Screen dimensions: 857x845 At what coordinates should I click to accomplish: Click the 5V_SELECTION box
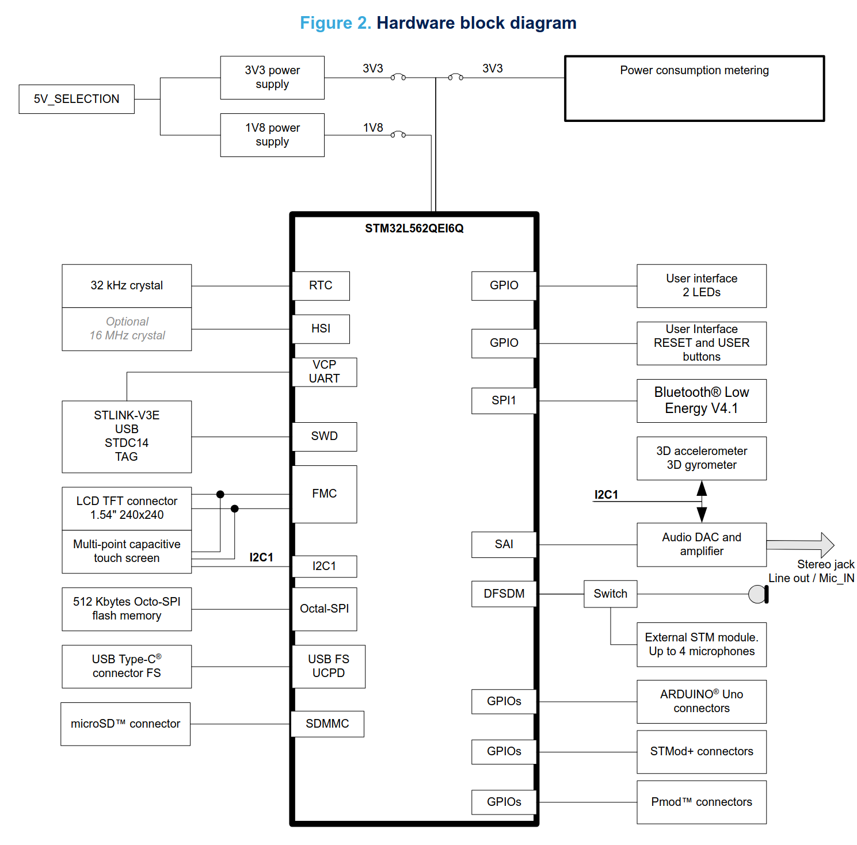77,99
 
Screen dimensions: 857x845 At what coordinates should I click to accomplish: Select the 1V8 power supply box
272,135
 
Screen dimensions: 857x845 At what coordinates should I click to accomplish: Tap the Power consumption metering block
695,88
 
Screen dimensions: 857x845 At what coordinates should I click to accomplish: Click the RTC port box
321,286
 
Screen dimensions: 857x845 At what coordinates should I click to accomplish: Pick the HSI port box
321,329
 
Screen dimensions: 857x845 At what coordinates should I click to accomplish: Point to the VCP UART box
325,372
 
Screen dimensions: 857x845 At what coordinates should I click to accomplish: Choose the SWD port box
325,437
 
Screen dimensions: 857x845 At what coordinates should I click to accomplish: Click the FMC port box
325,494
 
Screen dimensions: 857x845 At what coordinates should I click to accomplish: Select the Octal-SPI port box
325,609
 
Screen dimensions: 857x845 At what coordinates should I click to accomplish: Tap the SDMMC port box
327,724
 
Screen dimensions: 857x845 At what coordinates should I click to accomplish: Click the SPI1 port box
504,401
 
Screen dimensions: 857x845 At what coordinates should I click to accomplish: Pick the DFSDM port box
504,594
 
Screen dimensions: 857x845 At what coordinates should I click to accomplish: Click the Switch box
611,594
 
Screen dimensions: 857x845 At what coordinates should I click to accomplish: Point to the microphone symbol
759,594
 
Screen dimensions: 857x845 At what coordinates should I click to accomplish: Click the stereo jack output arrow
801,544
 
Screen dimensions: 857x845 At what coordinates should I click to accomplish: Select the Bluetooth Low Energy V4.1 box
702,401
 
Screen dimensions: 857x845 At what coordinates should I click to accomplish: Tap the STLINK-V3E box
127,437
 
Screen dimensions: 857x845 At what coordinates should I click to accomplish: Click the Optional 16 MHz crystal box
127,329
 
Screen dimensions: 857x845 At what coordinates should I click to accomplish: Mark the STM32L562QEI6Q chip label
414,228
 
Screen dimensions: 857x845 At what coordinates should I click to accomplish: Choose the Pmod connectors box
702,802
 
